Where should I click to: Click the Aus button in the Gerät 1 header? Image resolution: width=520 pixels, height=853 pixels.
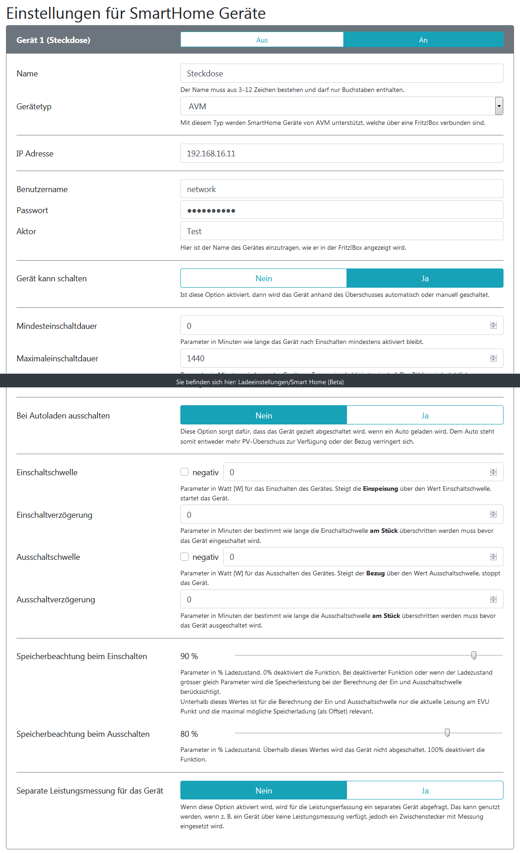(x=262, y=40)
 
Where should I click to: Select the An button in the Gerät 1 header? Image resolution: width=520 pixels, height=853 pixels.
(x=423, y=40)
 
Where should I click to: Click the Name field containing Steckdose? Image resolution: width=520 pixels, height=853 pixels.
(x=341, y=74)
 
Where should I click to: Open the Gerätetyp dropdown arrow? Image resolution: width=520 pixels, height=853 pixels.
(x=499, y=106)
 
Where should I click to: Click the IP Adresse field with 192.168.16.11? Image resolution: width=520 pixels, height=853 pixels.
(x=341, y=154)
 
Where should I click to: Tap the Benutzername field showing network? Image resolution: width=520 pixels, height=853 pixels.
(x=341, y=189)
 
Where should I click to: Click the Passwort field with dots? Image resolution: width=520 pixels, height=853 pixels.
(x=341, y=210)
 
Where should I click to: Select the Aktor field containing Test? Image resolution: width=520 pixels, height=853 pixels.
(x=341, y=231)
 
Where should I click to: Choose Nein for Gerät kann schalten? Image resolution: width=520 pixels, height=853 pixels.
(x=264, y=279)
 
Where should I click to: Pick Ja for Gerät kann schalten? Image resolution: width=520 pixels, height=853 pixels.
(x=425, y=279)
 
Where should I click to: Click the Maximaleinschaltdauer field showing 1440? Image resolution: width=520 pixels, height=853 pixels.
(x=334, y=359)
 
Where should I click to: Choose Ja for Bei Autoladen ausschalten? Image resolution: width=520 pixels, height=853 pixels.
(x=425, y=416)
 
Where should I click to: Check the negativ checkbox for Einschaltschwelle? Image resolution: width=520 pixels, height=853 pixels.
(x=184, y=472)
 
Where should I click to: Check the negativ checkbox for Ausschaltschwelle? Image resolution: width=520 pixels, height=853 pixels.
(x=184, y=557)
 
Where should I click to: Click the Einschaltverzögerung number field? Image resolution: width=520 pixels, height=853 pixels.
(x=334, y=515)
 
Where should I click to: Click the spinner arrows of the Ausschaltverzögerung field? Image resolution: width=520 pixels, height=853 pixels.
(x=493, y=600)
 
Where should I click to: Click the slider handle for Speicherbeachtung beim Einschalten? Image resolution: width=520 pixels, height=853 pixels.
(x=474, y=655)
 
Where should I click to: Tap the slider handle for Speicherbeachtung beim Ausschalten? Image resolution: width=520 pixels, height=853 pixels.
(x=447, y=733)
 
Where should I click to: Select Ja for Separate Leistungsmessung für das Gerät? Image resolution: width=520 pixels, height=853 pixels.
(x=425, y=791)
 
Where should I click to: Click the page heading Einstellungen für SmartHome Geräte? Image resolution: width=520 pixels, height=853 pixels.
(x=136, y=13)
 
